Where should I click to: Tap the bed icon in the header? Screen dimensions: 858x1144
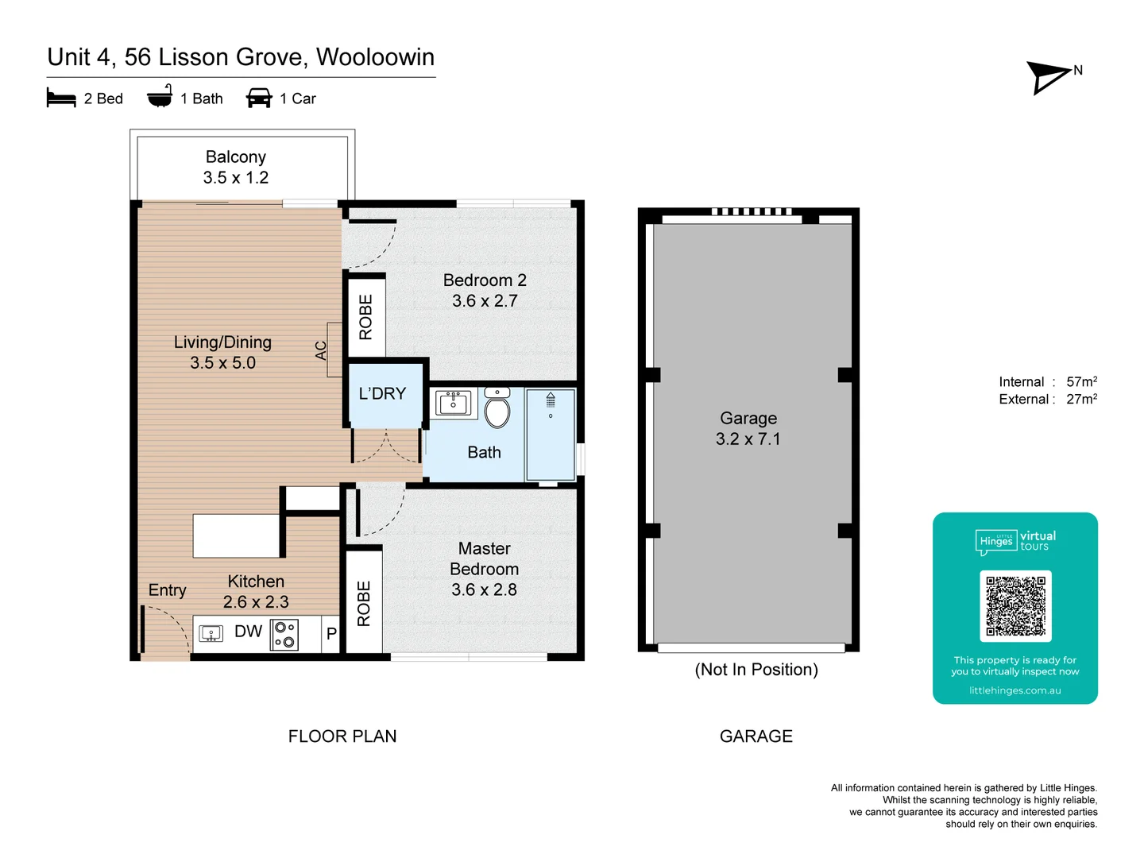coord(61,99)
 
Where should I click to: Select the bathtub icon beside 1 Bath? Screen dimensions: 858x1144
coord(160,97)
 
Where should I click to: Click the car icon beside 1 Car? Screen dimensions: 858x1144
coord(259,99)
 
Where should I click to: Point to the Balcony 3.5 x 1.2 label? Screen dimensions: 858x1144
coord(236,168)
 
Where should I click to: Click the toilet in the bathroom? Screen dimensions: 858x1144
coord(497,409)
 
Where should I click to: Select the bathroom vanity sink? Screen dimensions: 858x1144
coord(454,403)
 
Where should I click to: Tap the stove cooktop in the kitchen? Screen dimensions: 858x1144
coord(284,634)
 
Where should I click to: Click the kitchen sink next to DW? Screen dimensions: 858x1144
coord(211,633)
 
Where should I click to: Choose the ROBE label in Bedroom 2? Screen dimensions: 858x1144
coord(365,317)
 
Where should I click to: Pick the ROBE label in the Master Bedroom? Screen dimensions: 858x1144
coord(364,603)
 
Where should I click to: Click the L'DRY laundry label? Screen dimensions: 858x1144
coord(382,394)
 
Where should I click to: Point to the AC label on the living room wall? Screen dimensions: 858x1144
coord(321,350)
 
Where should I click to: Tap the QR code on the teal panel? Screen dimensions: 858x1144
coord(1015,605)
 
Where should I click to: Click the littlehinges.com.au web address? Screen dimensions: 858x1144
coord(1015,690)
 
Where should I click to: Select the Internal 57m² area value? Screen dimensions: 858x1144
coord(1081,382)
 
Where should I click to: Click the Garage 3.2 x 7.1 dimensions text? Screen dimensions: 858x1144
coord(748,439)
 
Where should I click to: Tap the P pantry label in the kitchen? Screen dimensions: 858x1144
coord(331,634)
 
